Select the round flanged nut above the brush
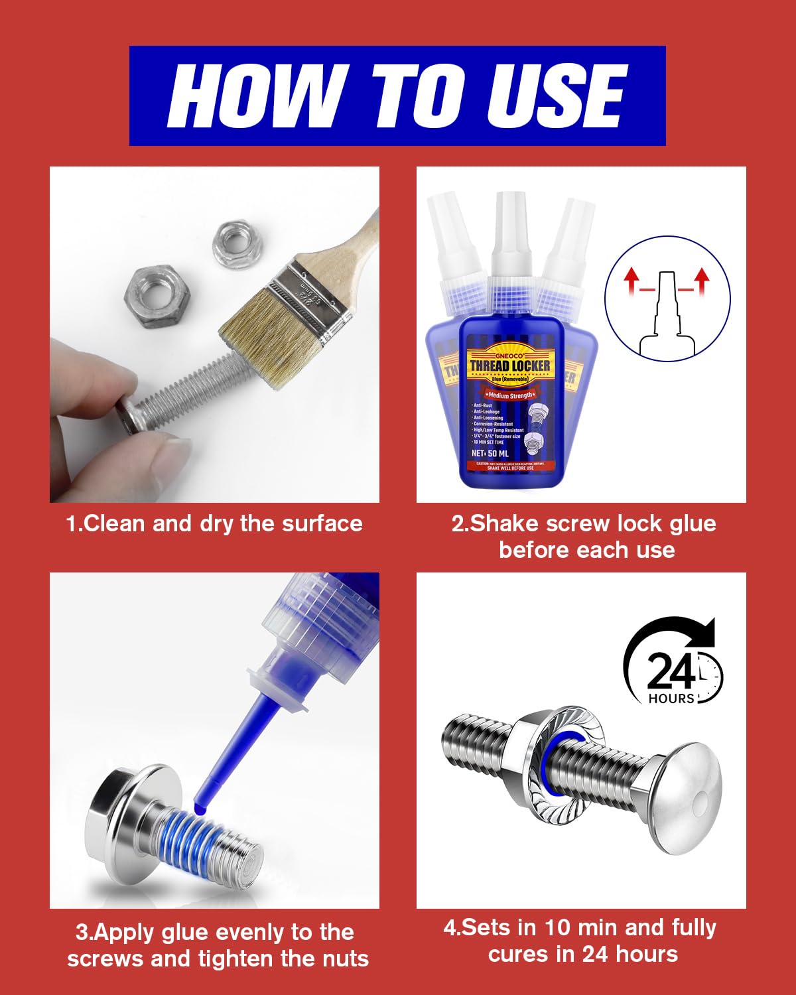(x=237, y=245)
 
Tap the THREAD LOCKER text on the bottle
(x=510, y=366)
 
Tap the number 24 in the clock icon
(x=670, y=671)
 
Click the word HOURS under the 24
(x=671, y=698)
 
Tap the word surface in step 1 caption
(x=322, y=524)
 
